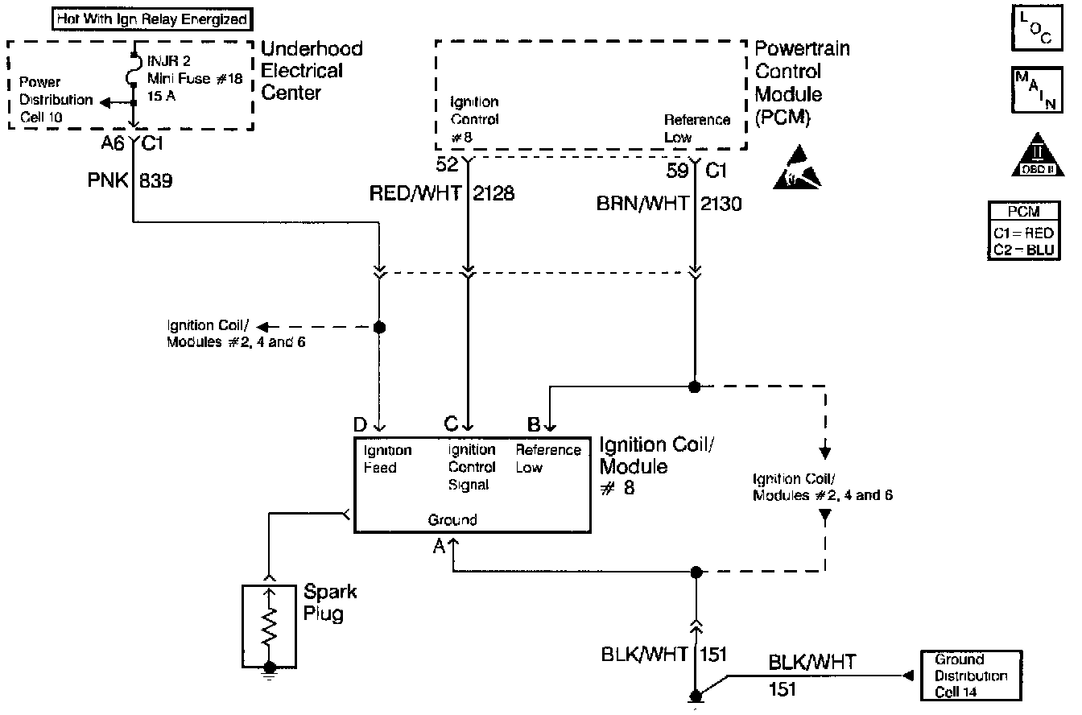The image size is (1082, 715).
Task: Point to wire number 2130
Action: [x=721, y=205]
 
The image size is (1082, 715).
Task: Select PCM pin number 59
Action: [x=677, y=171]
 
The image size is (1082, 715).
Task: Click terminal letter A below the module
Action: [x=439, y=547]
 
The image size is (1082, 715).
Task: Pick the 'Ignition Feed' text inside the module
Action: [x=387, y=459]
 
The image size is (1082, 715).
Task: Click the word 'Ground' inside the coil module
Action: [x=452, y=520]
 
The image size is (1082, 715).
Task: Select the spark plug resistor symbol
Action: [x=270, y=623]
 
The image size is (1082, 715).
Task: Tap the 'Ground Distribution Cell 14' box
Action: [x=970, y=676]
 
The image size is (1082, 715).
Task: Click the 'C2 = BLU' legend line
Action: [x=1022, y=250]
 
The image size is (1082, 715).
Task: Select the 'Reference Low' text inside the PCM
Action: [x=696, y=128]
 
